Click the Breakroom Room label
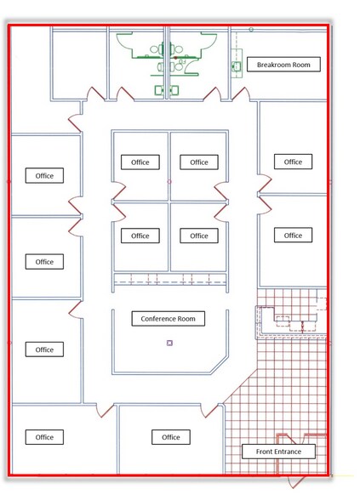[283, 65]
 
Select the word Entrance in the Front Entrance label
[289, 452]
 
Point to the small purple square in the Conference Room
[170, 344]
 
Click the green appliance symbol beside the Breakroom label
[236, 66]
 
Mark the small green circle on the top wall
[251, 30]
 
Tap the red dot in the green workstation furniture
[175, 58]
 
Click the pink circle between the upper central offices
[169, 182]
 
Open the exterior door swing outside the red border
[297, 482]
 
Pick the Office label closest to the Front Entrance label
[171, 437]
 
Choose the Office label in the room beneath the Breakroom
[293, 162]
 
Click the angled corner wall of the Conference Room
[220, 365]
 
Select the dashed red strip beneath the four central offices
[170, 279]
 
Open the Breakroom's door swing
[241, 94]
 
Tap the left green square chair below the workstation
[159, 90]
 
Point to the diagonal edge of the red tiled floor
[240, 386]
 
